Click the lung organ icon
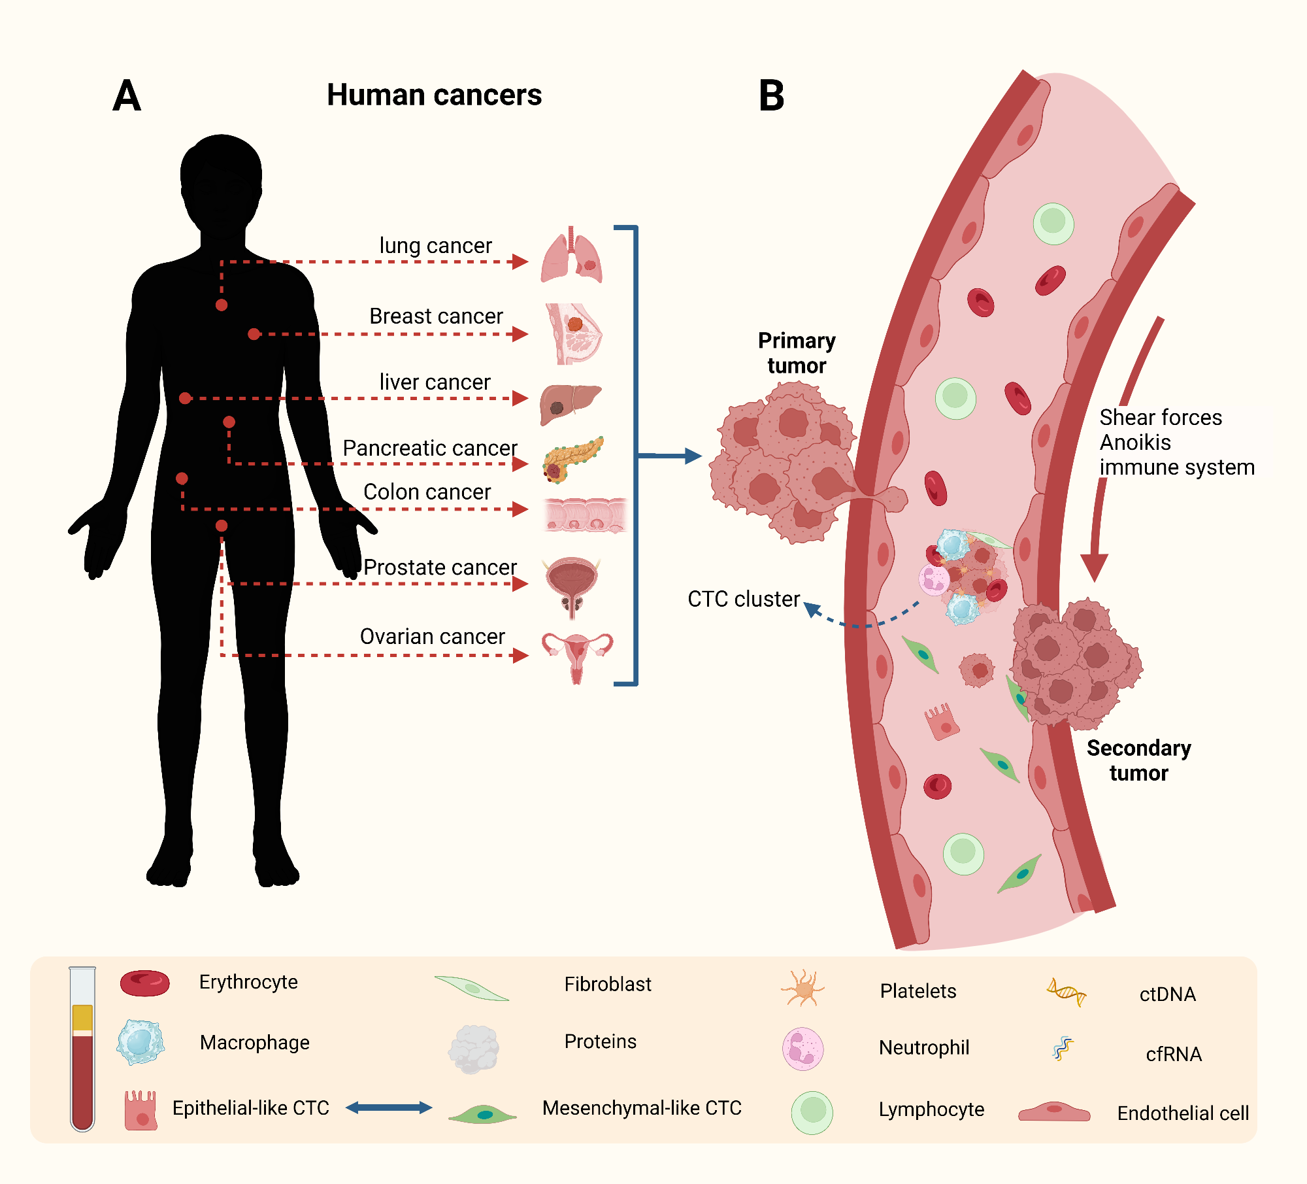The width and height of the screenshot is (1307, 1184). (x=571, y=257)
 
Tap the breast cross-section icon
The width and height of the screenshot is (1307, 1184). (x=573, y=334)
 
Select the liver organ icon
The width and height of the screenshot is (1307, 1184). (x=570, y=403)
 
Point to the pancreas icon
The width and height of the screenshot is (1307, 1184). (x=572, y=459)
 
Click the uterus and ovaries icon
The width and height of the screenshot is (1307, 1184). (x=577, y=655)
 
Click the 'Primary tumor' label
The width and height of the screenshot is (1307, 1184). (x=796, y=353)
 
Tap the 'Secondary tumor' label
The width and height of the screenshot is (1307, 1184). (x=1138, y=760)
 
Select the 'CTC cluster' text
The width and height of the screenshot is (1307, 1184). (x=743, y=599)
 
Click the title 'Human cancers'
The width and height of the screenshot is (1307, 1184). (x=434, y=95)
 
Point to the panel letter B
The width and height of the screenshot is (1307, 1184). (x=771, y=96)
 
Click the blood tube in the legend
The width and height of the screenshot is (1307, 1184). (x=82, y=1048)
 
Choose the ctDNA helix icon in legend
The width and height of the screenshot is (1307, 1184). (x=1066, y=992)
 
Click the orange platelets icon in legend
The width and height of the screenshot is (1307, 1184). (x=803, y=989)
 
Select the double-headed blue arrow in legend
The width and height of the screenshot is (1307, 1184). (x=389, y=1107)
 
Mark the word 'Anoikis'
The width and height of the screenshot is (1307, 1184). (x=1134, y=443)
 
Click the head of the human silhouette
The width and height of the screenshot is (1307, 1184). (x=221, y=180)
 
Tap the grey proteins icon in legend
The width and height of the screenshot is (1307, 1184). (x=474, y=1049)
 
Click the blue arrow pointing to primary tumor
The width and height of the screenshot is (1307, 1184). (x=669, y=456)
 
